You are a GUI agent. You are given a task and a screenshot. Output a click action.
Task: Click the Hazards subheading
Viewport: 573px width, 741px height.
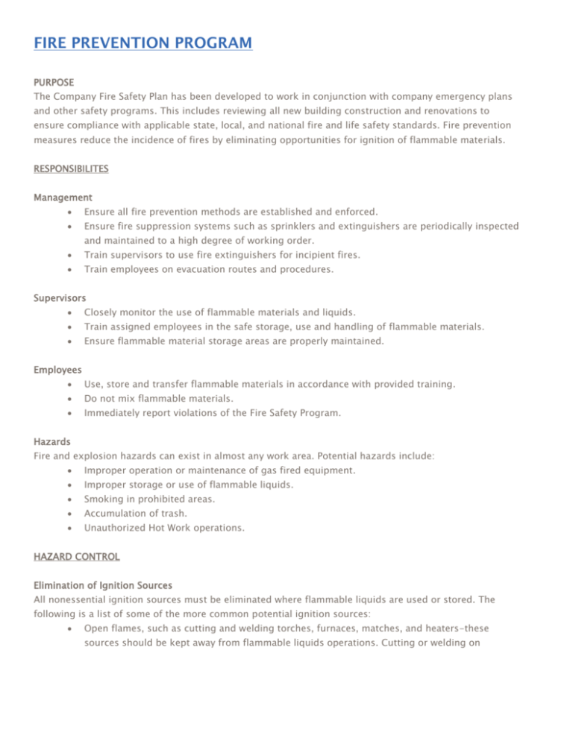pyautogui.click(x=53, y=441)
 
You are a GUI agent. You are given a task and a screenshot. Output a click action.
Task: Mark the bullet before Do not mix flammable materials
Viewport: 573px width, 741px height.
pyautogui.click(x=69, y=399)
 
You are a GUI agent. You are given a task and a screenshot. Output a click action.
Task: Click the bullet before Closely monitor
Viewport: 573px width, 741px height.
pyautogui.click(x=69, y=313)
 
